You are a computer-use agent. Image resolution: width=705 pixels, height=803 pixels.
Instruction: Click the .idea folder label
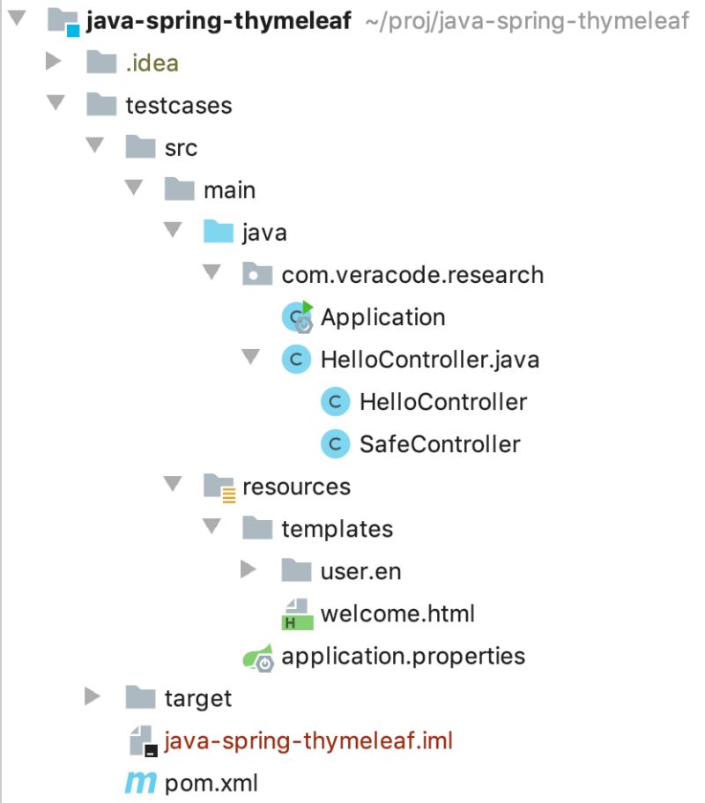(x=152, y=63)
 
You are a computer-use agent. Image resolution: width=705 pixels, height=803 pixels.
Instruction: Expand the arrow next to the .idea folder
(x=53, y=63)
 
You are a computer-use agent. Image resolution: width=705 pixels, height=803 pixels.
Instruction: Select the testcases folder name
(x=179, y=106)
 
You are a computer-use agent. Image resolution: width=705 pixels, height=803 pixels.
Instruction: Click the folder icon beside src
(x=141, y=147)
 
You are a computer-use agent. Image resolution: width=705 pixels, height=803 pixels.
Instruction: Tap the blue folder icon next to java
(x=219, y=232)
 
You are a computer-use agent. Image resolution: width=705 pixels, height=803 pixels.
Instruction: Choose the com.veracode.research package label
(x=412, y=275)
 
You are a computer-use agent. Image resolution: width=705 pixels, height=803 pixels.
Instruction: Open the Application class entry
(x=382, y=317)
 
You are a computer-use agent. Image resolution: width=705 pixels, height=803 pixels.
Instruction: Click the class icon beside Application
(x=297, y=316)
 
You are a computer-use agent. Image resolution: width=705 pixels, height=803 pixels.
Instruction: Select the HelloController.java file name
(x=430, y=360)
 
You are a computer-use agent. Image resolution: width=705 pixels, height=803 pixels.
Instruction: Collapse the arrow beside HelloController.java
(x=250, y=358)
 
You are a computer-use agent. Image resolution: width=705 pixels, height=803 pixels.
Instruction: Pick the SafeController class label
(x=440, y=444)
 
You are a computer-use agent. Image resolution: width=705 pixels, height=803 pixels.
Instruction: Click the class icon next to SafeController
(x=335, y=443)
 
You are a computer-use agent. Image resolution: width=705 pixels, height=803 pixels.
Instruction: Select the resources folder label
(x=296, y=487)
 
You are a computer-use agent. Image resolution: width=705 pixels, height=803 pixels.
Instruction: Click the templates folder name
(x=337, y=529)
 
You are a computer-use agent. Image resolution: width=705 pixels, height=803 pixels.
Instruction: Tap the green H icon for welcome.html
(x=297, y=614)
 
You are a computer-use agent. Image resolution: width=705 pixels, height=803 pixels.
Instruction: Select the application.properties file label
(x=403, y=656)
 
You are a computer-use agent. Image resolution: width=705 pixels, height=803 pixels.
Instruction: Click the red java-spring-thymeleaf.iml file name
(x=308, y=740)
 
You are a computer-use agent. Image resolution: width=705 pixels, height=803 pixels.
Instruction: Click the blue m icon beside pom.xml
(x=139, y=783)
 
